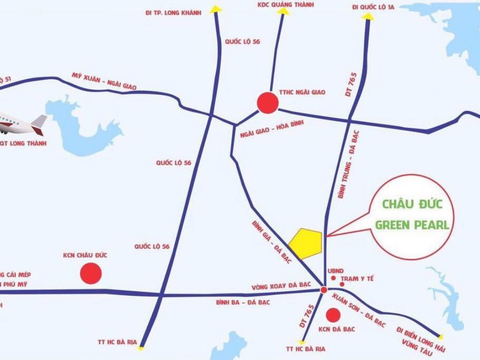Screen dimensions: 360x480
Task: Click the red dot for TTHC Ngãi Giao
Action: click(267, 102)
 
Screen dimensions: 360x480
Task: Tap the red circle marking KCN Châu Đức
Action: click(90, 274)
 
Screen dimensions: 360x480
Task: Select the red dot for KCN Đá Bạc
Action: click(332, 315)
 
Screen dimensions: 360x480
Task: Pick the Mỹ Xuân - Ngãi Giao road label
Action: click(104, 82)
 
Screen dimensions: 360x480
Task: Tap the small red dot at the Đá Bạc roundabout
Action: click(324, 290)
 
